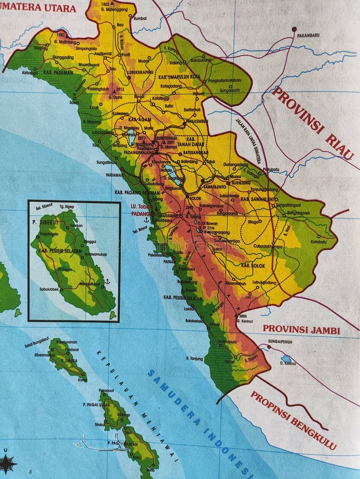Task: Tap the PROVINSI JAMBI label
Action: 301,330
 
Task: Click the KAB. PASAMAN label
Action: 55,72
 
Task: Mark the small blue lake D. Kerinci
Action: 286,359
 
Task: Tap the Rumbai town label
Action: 140,18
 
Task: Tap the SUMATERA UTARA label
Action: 38,8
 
